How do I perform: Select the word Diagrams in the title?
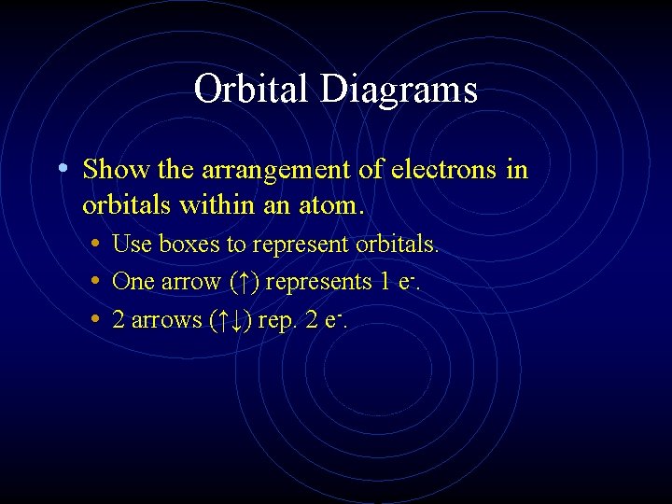[399, 91]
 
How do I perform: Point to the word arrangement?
[271, 170]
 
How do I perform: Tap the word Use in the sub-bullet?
[132, 245]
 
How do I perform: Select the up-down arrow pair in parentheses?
[229, 320]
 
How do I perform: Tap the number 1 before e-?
[385, 282]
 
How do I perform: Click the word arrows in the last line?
[166, 320]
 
